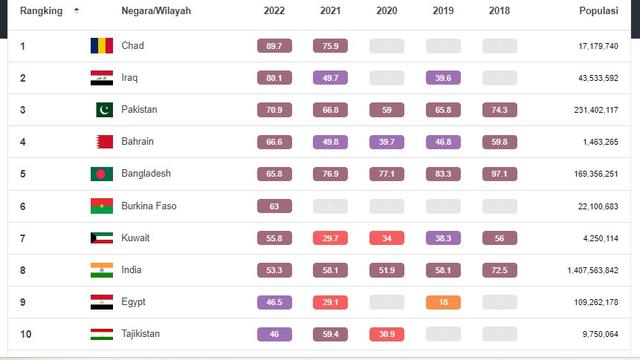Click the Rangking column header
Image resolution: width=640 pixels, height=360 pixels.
click(41, 11)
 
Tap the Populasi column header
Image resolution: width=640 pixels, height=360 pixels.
click(598, 11)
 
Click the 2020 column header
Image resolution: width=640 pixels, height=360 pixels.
click(386, 11)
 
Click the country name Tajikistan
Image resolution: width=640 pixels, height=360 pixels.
click(146, 334)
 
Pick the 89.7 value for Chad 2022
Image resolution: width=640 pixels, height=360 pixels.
click(274, 46)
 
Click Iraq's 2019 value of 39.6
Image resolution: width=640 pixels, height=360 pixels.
click(443, 78)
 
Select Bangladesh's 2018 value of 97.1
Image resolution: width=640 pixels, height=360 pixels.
click(499, 174)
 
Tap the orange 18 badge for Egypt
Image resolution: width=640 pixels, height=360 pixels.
click(443, 302)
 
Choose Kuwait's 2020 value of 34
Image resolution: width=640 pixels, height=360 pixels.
click(386, 238)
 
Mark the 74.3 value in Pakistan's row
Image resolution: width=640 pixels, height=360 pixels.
click(499, 110)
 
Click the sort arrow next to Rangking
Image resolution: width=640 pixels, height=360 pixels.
click(77, 11)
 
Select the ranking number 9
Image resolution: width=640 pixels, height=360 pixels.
click(23, 302)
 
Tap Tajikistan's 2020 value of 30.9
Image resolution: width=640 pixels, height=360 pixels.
click(386, 334)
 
